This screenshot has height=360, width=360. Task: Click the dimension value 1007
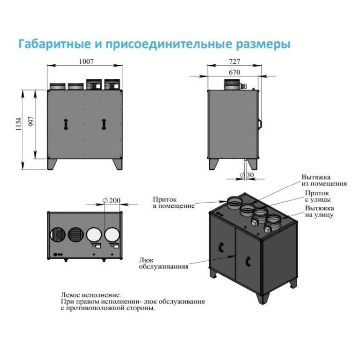[x=86, y=62]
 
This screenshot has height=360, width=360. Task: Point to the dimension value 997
[x=31, y=121]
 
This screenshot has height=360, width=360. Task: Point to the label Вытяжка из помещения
[x=324, y=180]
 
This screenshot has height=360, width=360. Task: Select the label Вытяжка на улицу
[x=319, y=211]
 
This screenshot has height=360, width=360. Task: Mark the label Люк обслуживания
[x=164, y=263]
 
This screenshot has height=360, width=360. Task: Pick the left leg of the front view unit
[x=53, y=163]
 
